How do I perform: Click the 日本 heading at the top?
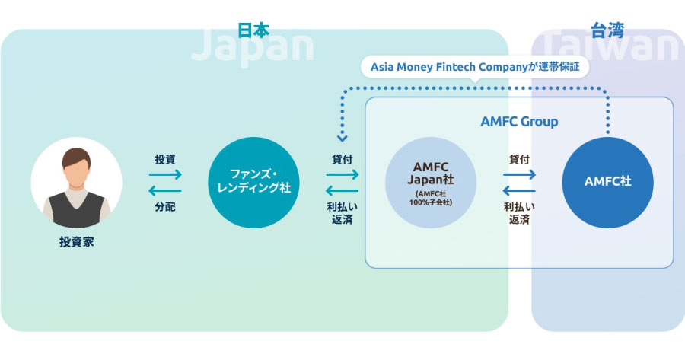click(x=253, y=30)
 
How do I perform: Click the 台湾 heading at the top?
click(x=606, y=30)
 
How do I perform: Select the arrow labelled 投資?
click(x=164, y=175)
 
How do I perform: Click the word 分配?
click(x=164, y=207)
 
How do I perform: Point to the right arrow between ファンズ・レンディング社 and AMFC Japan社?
click(x=342, y=175)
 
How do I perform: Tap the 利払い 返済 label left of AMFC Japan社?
click(x=342, y=213)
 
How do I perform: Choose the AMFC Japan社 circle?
click(x=431, y=183)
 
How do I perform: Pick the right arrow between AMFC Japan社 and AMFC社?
click(x=519, y=175)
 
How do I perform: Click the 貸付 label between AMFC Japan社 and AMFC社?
click(x=519, y=160)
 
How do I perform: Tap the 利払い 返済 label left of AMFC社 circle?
click(x=519, y=213)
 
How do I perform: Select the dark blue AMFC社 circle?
click(x=607, y=183)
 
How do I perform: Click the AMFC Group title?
click(x=519, y=122)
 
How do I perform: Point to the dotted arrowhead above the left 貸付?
click(x=342, y=139)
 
